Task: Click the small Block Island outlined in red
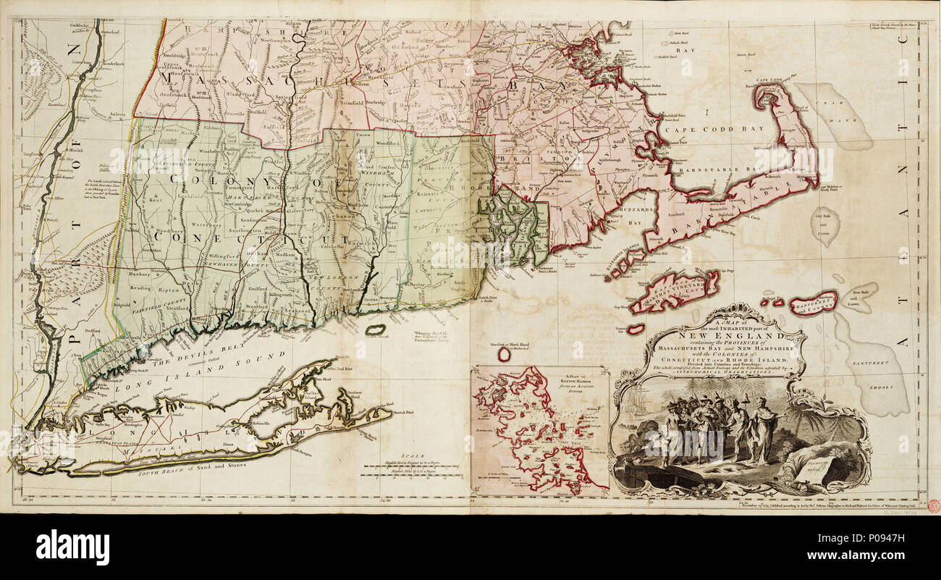(505, 354)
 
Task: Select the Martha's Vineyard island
(673, 291)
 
